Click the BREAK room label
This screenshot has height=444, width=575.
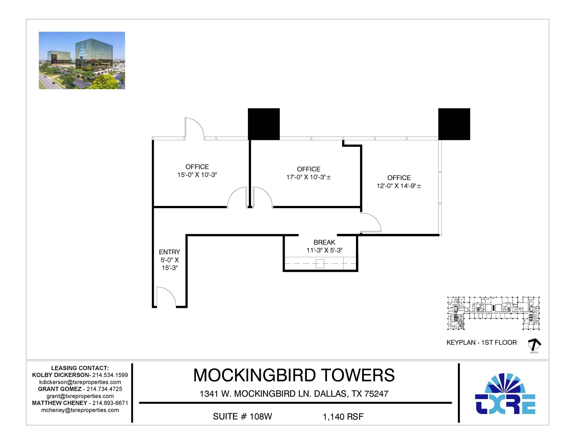[324, 242]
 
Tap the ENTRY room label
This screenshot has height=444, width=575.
[169, 252]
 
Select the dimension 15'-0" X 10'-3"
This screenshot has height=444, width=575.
[197, 175]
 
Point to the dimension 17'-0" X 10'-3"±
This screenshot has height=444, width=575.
[308, 177]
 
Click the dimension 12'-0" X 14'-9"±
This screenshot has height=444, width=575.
[399, 186]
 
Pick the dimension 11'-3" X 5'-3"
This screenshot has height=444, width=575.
[324, 250]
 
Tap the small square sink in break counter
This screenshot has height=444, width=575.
[320, 264]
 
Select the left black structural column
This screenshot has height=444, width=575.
[264, 124]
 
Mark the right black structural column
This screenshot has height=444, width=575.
[454, 124]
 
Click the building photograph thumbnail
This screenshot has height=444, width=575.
[82, 60]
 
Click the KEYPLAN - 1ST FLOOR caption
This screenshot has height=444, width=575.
[482, 342]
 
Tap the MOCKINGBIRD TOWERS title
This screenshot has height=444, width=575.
[294, 375]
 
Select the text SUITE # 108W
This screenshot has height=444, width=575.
[242, 417]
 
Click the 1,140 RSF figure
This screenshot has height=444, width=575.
[343, 417]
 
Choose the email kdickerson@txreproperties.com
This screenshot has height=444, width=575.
[80, 382]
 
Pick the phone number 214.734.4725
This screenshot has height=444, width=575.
[104, 389]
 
